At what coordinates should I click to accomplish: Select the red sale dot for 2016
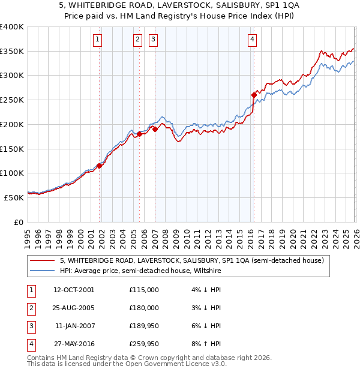[x=254, y=94]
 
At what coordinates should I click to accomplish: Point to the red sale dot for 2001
[x=100, y=166]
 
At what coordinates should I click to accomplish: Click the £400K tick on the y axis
[x=11, y=27]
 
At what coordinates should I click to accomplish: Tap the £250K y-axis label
[x=11, y=100]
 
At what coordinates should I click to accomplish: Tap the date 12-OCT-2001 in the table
[x=74, y=290]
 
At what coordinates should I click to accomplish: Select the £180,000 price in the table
[x=144, y=308]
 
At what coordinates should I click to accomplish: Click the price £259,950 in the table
[x=144, y=344]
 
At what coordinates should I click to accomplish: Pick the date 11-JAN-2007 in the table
[x=74, y=326]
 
